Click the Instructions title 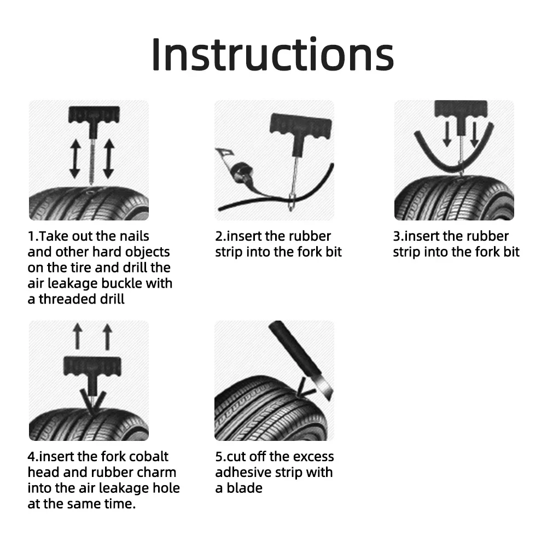click(272, 54)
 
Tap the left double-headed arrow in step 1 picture click(75, 158)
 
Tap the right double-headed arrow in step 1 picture click(108, 158)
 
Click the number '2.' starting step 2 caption click(220, 236)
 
